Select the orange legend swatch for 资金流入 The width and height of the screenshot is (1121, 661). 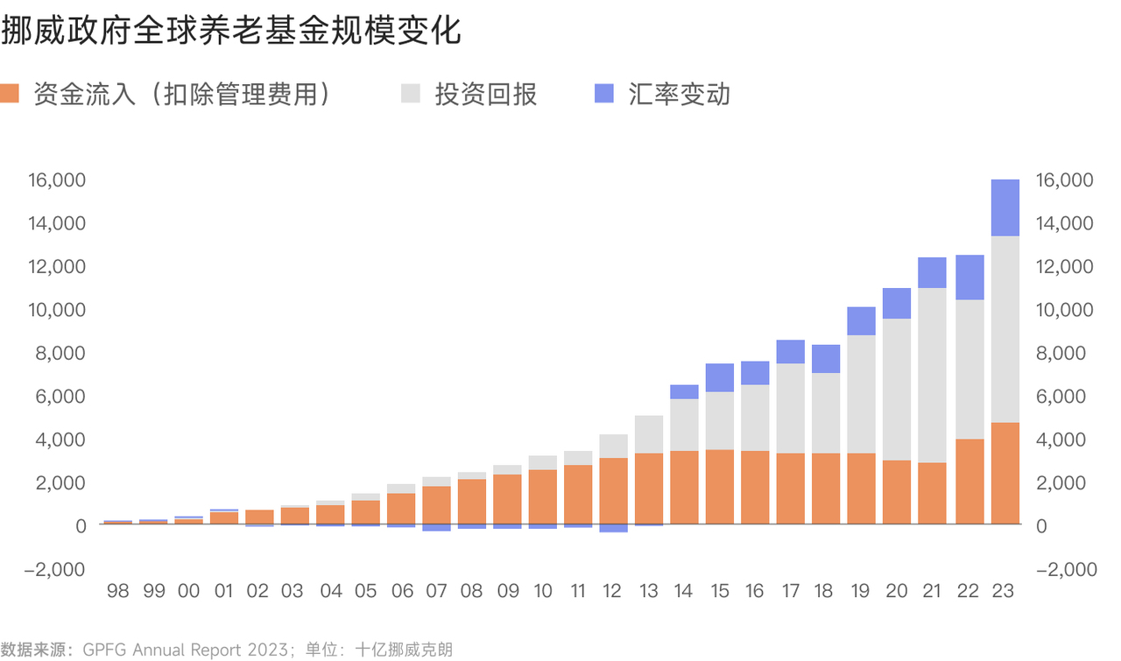[x=11, y=94]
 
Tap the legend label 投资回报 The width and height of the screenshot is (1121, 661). [x=486, y=95]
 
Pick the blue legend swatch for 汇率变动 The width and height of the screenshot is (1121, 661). [x=604, y=94]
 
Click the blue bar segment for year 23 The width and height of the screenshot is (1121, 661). [x=1005, y=207]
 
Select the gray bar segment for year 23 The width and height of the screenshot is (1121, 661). [x=1005, y=329]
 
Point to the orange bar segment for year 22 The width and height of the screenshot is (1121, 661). [x=969, y=482]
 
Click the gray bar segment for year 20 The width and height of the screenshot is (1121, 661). [x=897, y=389]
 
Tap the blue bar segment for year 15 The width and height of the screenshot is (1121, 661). [x=719, y=377]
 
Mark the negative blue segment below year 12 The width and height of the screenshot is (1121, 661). [x=613, y=528]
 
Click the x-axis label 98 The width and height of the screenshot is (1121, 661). [x=117, y=591]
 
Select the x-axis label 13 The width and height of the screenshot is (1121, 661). [x=648, y=591]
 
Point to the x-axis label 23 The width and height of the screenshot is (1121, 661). [x=1004, y=591]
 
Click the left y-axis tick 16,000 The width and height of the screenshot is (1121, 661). [x=57, y=180]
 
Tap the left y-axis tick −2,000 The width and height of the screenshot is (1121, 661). [x=55, y=569]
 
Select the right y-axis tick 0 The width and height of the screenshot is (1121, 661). [x=1042, y=525]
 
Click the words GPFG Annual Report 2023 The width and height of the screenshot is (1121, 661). [x=185, y=650]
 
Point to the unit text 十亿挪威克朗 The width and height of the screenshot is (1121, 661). [x=404, y=650]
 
